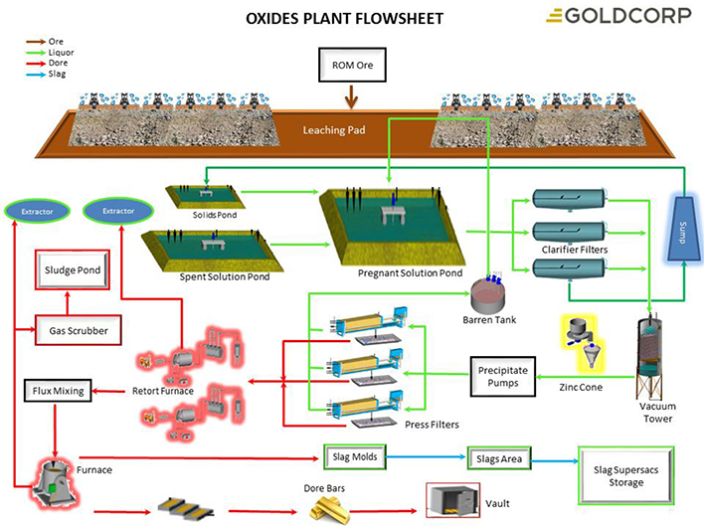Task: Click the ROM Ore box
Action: tap(350, 68)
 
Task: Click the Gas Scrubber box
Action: tap(71, 326)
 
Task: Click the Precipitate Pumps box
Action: tap(503, 373)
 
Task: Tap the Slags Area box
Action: tap(499, 458)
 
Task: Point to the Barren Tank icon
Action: tap(487, 292)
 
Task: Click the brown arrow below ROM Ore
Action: tap(350, 97)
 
